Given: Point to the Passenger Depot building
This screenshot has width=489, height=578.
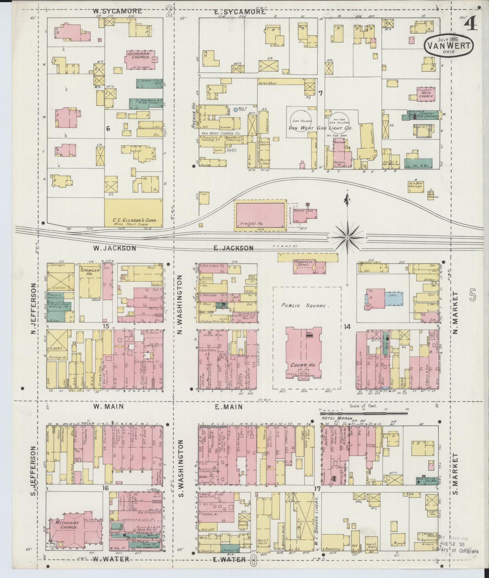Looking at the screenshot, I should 305,266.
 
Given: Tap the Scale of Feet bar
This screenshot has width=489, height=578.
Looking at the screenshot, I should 364,413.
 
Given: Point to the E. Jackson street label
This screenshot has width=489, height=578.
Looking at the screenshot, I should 234,248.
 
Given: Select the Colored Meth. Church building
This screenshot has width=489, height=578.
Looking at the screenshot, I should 426,94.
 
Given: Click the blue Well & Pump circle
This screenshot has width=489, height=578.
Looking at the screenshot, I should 236,110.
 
